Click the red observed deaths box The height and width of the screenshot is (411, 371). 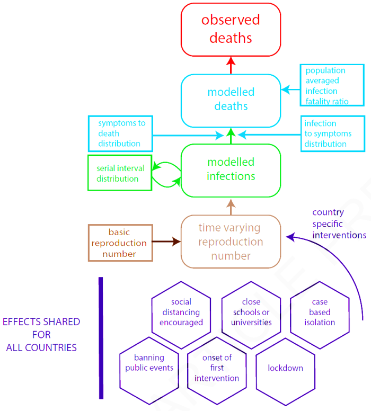click(231, 30)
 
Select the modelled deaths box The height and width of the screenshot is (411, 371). click(231, 100)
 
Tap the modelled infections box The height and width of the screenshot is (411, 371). click(231, 169)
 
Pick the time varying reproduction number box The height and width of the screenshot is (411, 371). click(231, 242)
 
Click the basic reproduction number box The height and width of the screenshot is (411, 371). click(120, 243)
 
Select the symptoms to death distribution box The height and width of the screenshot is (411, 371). click(120, 133)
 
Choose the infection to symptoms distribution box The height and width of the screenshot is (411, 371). click(333, 133)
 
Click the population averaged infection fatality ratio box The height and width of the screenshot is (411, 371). click(332, 85)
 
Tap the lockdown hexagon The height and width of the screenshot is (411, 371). click(285, 368)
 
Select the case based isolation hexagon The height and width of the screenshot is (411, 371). click(320, 312)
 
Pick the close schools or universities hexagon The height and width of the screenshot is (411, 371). click(251, 312)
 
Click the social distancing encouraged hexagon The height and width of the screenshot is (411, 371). click(181, 312)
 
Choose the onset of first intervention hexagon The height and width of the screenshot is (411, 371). click(217, 368)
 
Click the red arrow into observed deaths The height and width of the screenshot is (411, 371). click(231, 65)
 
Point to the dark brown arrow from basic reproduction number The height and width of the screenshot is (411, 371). click(166, 242)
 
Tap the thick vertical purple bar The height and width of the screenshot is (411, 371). click(101, 337)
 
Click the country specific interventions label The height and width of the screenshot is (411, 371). click(339, 224)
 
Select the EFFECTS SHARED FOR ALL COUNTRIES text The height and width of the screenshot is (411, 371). click(41, 335)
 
